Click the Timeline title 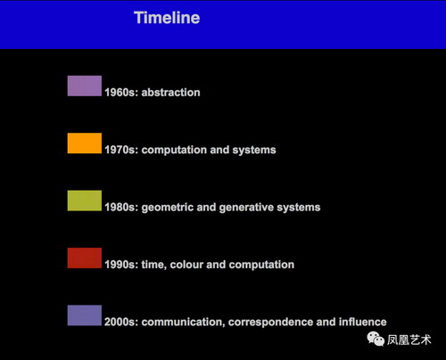167,18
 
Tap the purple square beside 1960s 85,86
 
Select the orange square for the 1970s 85,143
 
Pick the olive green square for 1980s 85,200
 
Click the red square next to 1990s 85,258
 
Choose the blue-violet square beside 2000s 85,315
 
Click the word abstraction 170,93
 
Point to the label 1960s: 121,93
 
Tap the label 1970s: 121,150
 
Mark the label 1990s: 121,265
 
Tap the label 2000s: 121,322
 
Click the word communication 183,322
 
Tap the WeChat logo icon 376,340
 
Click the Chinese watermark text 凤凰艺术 409,340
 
